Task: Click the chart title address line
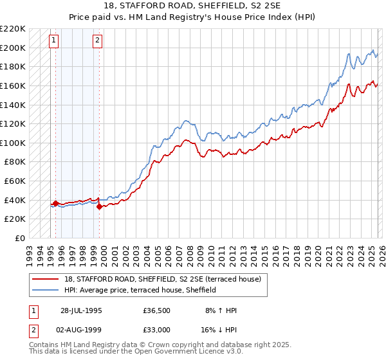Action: (192, 7)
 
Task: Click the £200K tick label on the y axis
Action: (13, 48)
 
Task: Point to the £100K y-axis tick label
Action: (13, 143)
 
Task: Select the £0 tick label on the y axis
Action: (19, 238)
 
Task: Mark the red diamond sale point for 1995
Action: (55, 203)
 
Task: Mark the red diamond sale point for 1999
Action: (99, 206)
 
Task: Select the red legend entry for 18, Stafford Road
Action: (162, 279)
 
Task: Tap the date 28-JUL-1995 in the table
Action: (81, 310)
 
